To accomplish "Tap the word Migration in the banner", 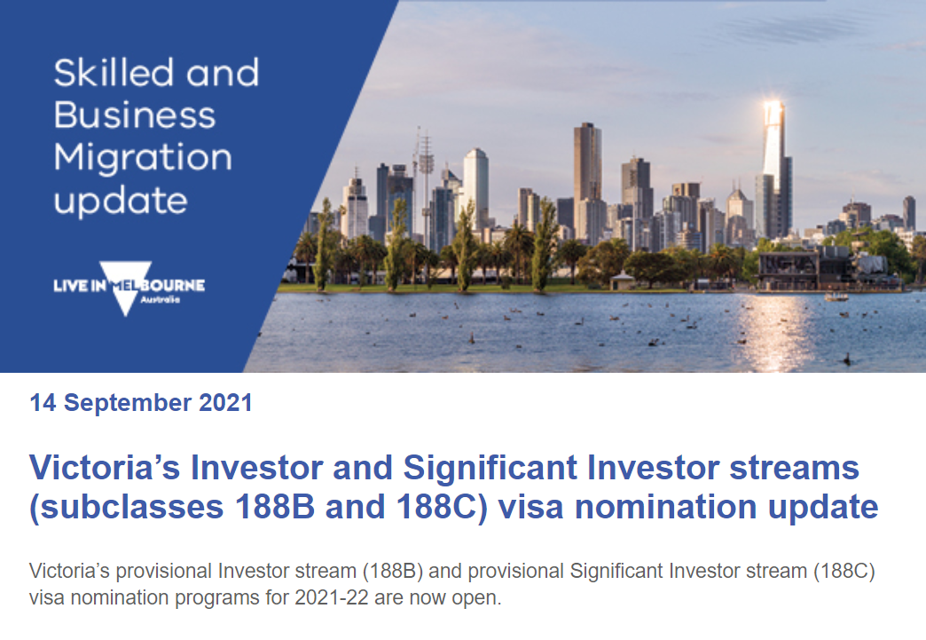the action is point(143,159).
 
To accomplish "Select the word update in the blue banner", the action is point(121,201).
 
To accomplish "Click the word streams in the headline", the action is point(795,468).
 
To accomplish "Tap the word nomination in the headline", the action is point(666,507).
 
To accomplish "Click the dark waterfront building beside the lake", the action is point(820,269).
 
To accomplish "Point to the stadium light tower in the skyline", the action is point(425,178).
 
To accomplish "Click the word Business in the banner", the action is point(135,115).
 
